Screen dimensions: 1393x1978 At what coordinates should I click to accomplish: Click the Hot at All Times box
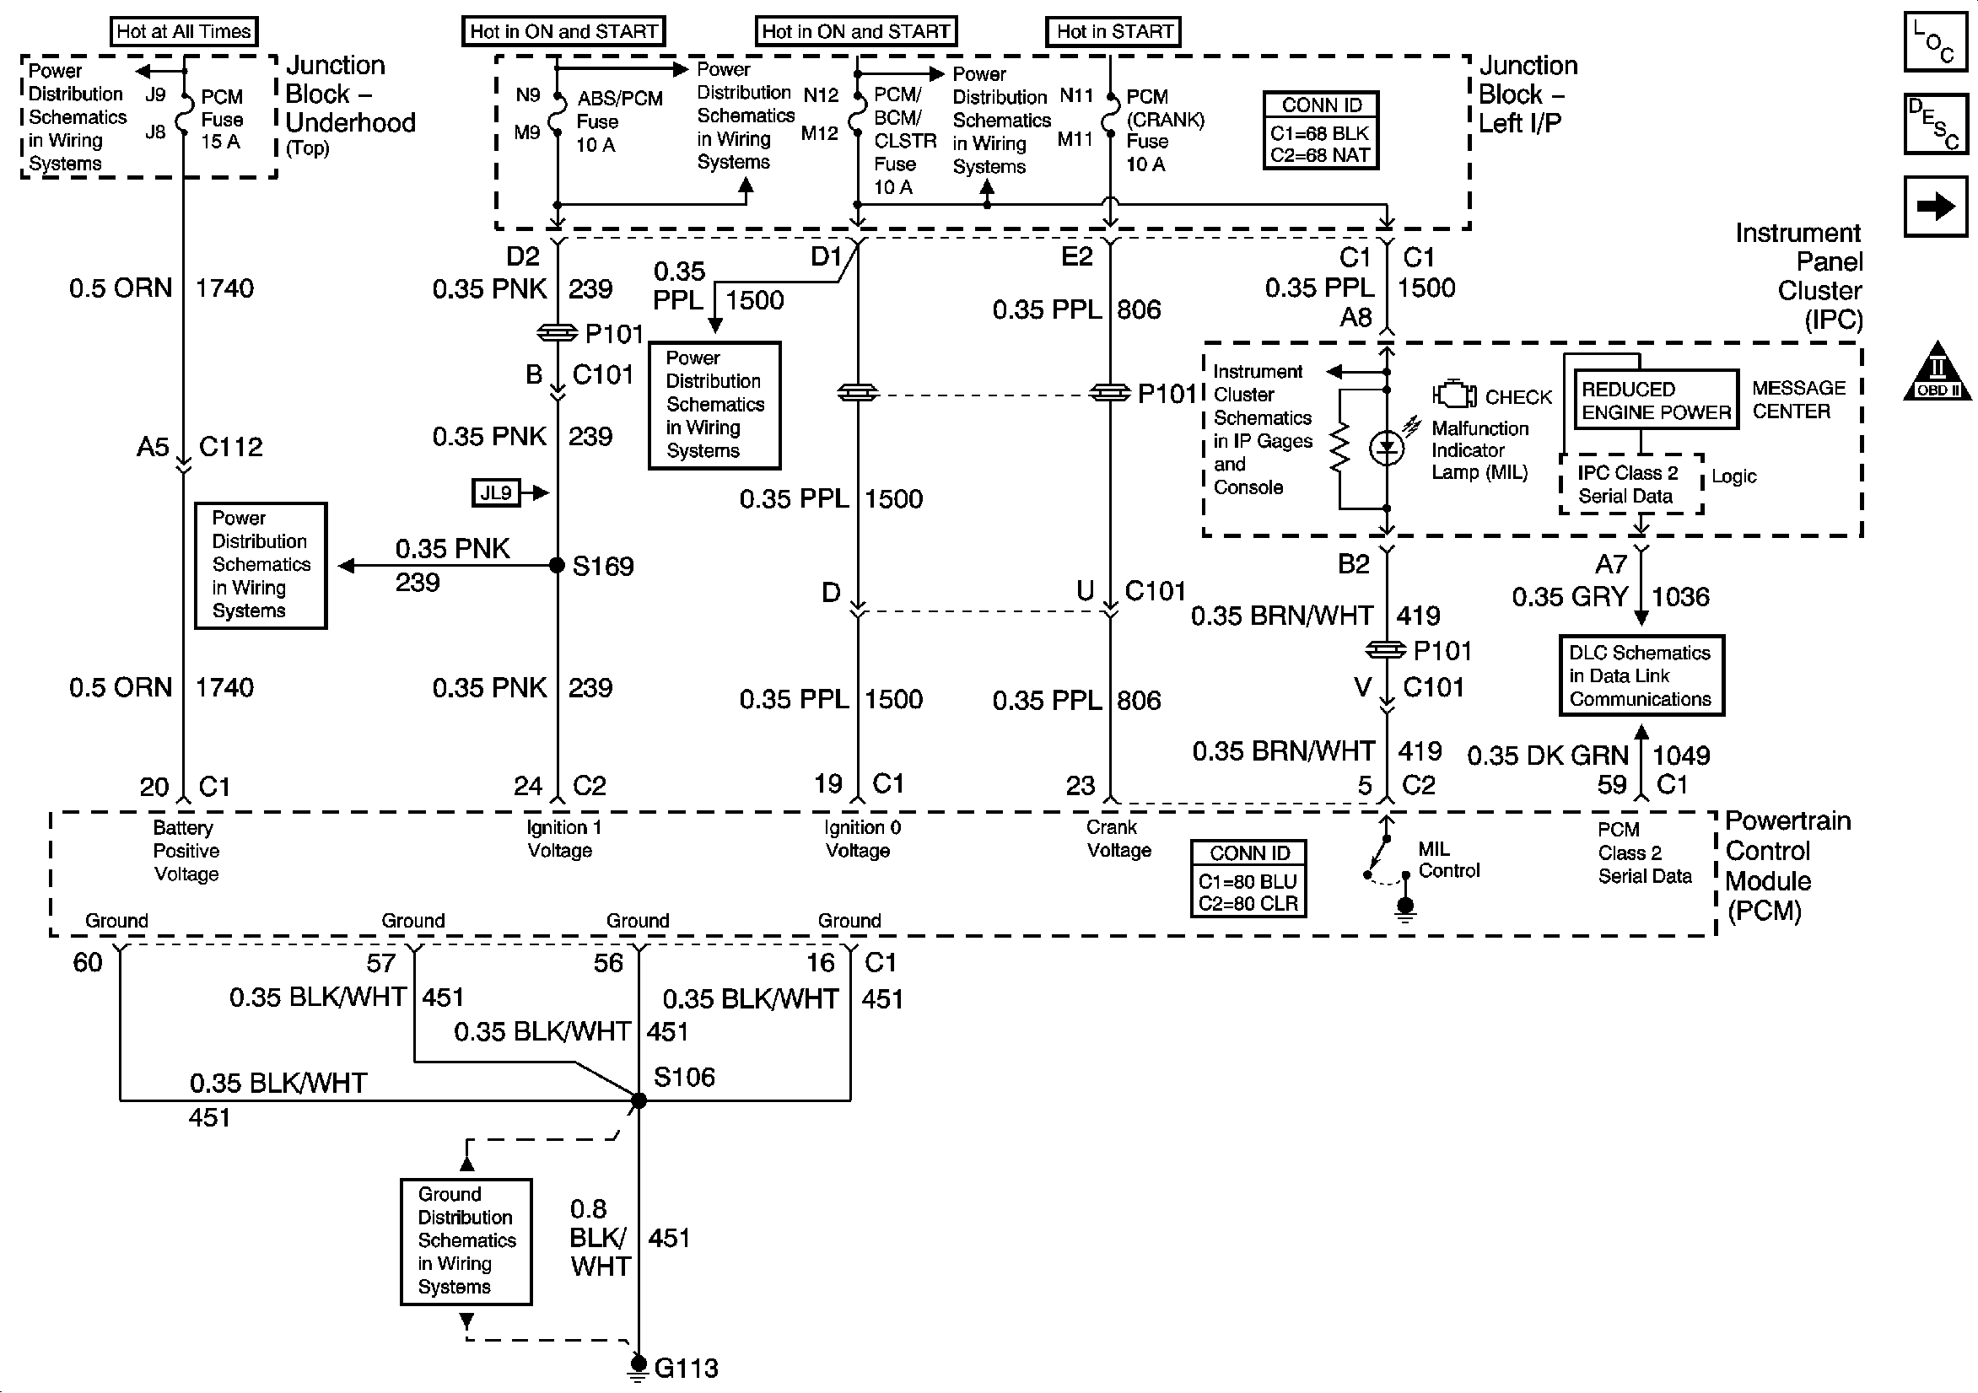184,32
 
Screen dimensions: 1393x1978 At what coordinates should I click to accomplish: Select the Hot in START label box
1113,32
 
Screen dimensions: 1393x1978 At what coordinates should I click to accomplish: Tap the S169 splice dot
558,565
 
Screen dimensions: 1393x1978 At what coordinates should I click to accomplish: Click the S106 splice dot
639,1100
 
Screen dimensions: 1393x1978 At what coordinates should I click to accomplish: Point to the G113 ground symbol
638,1366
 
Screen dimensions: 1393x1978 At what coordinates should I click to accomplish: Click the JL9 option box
496,492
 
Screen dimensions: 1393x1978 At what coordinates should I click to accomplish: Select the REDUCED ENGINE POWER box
1655,401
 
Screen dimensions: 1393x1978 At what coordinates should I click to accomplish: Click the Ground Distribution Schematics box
466,1240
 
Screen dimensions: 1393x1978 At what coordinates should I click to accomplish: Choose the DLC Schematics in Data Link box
1641,675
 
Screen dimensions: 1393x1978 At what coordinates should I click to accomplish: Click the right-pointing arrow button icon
1935,206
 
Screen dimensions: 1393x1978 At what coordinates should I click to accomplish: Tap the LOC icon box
1935,40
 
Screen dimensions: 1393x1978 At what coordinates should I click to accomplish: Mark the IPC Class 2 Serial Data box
1630,484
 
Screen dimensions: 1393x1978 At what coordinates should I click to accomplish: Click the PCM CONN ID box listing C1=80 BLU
1248,878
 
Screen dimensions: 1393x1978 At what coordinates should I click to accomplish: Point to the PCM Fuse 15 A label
221,119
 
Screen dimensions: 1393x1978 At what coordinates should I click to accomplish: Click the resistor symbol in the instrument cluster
1339,448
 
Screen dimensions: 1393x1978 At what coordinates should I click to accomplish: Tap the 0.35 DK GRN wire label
1547,756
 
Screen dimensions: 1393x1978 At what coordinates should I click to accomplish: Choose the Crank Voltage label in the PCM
1118,838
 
